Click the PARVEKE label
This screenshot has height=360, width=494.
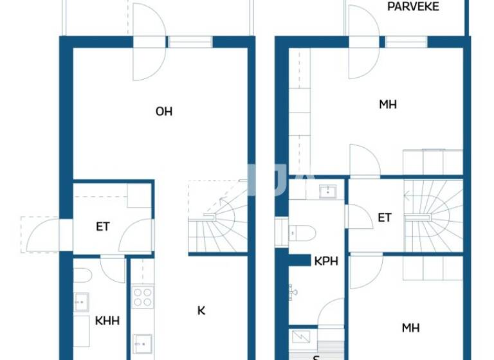pyautogui.click(x=413, y=6)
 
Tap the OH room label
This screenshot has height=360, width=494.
pyautogui.click(x=164, y=111)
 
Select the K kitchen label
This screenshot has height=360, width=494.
pyautogui.click(x=201, y=310)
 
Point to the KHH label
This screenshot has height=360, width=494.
pyautogui.click(x=107, y=319)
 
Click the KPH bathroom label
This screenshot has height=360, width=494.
pyautogui.click(x=326, y=262)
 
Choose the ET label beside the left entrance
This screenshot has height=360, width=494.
pyautogui.click(x=103, y=226)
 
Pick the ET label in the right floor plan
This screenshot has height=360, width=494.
pyautogui.click(x=385, y=218)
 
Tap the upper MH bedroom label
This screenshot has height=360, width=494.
pyautogui.click(x=388, y=104)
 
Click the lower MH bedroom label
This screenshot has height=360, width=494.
pyautogui.click(x=411, y=328)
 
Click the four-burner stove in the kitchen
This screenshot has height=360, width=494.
pyautogui.click(x=142, y=297)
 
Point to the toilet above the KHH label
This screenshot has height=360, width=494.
pyautogui.click(x=82, y=275)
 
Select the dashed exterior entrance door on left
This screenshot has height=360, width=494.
pyautogui.click(x=40, y=235)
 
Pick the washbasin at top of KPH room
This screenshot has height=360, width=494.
pyautogui.click(x=328, y=190)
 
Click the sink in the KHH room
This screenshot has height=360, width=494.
pyautogui.click(x=81, y=301)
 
